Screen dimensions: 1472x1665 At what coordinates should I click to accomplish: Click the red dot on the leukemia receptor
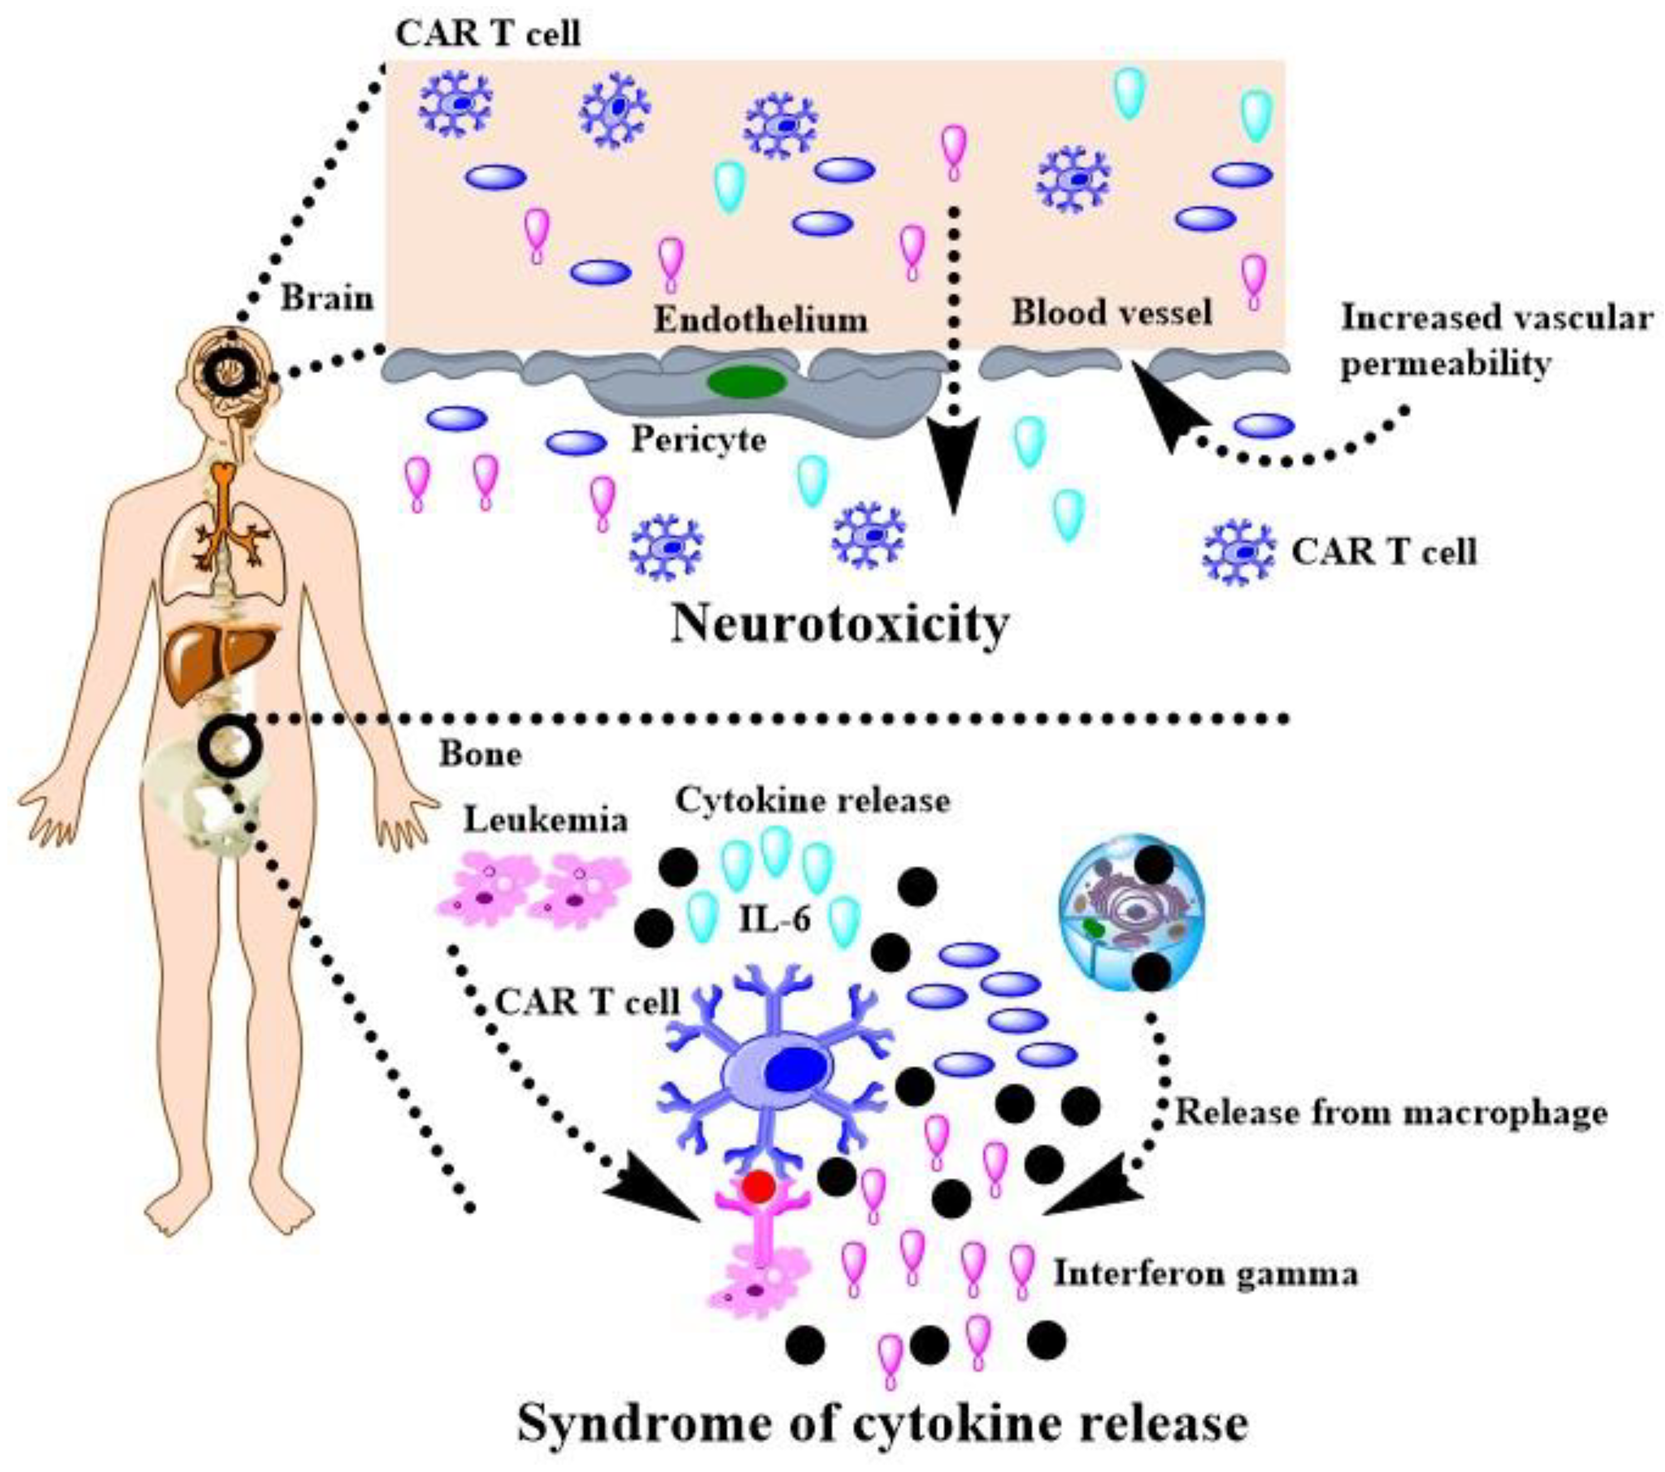tap(758, 1186)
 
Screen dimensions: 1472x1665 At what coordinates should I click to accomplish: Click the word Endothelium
tap(761, 321)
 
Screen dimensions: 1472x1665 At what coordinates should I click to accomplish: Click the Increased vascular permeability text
tap(1495, 340)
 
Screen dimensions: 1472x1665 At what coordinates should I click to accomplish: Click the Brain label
tap(327, 299)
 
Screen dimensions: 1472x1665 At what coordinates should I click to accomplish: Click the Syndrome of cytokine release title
tap(883, 1424)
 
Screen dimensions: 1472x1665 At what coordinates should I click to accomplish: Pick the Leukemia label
tap(546, 820)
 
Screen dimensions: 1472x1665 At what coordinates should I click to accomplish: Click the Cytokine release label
tap(812, 801)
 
